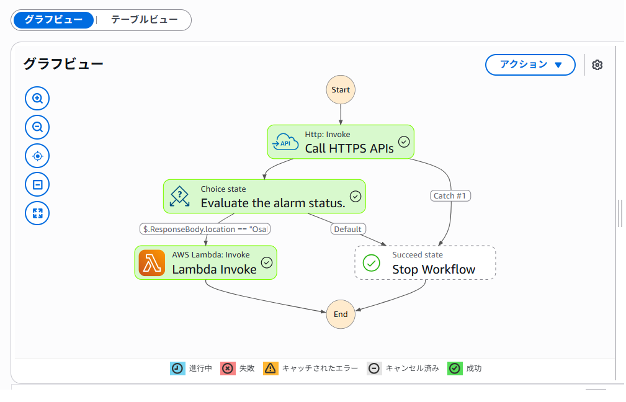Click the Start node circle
point(341,90)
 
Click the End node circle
point(341,314)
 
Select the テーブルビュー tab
point(144,20)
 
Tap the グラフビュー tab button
point(53,20)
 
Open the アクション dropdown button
point(530,65)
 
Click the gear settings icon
point(597,65)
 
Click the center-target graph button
point(37,156)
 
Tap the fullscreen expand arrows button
point(37,213)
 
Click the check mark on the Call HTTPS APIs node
point(404,141)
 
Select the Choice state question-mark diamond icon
point(180,196)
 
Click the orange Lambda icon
point(152,262)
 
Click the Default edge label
point(347,229)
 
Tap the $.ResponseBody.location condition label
point(205,229)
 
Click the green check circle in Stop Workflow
point(371,262)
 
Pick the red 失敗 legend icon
point(228,368)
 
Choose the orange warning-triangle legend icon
point(271,368)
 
